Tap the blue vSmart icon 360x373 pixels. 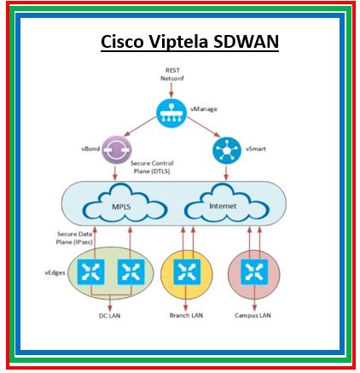[225, 149]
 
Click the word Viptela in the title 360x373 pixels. [181, 42]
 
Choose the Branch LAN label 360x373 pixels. [185, 315]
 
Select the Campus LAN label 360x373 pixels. [253, 315]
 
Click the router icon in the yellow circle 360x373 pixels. [186, 272]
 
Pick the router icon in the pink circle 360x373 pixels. [253, 272]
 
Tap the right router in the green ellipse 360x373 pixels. [130, 272]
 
